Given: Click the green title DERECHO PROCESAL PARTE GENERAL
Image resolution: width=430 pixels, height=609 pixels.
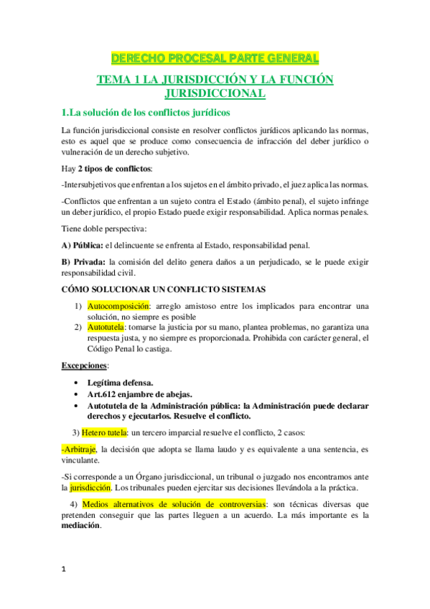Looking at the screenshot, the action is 215,57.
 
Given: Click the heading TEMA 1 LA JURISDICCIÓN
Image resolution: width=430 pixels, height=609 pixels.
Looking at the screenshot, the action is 215,80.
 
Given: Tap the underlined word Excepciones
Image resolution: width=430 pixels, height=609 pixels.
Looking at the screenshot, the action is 81,366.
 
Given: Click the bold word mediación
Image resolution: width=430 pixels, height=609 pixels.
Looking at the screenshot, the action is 81,525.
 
